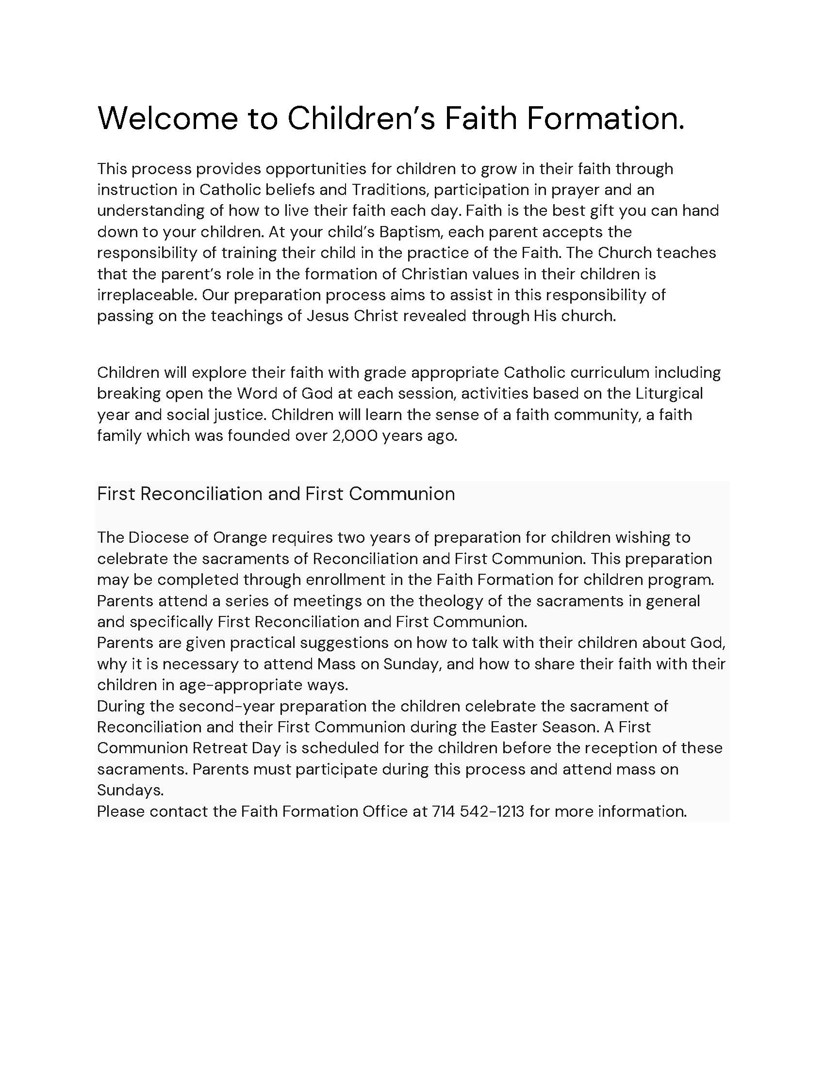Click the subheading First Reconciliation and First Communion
(276, 494)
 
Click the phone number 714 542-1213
(478, 811)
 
